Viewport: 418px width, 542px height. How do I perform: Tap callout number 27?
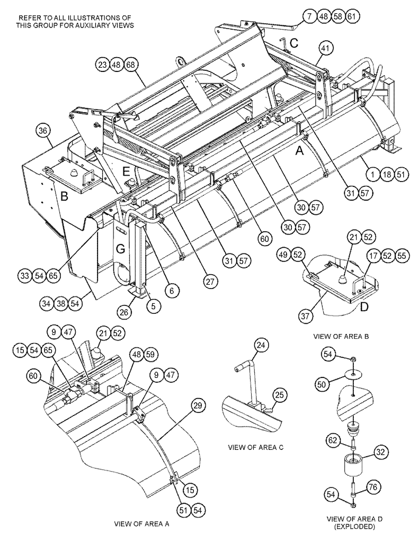point(211,281)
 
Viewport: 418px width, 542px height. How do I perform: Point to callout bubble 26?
point(123,313)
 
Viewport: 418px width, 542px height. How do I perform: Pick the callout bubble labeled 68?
point(131,65)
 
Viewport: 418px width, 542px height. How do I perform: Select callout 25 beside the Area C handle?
point(280,394)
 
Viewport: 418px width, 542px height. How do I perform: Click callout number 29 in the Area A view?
point(197,406)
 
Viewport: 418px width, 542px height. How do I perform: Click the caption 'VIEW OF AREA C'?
point(256,447)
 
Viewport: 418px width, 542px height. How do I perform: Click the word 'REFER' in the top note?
point(29,18)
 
